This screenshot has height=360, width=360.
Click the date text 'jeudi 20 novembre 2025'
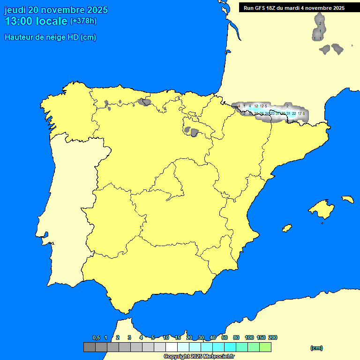(56, 10)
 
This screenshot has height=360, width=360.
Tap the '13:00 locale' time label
(36, 21)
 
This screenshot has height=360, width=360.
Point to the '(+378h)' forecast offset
(83, 21)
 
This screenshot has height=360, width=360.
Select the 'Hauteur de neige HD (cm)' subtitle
(50, 37)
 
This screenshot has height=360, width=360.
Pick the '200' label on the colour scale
(273, 337)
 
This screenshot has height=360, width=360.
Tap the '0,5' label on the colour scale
(96, 337)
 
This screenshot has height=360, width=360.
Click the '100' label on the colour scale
(249, 337)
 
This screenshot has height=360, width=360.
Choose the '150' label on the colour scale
(261, 337)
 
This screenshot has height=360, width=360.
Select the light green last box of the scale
(265, 347)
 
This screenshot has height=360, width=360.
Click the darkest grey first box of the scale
(90, 347)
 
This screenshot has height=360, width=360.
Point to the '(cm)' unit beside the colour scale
(316, 348)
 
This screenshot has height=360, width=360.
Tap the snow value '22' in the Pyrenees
(294, 113)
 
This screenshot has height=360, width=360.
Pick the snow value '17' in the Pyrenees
(300, 113)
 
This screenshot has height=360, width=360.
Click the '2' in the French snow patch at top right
(320, 23)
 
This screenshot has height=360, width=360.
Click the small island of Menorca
(347, 199)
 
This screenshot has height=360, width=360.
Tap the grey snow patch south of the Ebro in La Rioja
(192, 130)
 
